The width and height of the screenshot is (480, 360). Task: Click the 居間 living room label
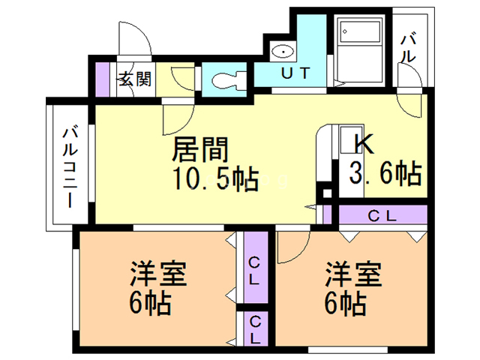(x=199, y=150)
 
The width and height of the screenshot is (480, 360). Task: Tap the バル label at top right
(x=409, y=47)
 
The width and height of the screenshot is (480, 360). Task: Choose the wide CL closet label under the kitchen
(x=382, y=216)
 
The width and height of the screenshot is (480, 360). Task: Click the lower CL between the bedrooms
(x=255, y=328)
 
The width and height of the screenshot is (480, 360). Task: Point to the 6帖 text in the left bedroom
(x=151, y=303)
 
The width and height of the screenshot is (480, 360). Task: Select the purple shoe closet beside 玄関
(x=103, y=76)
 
